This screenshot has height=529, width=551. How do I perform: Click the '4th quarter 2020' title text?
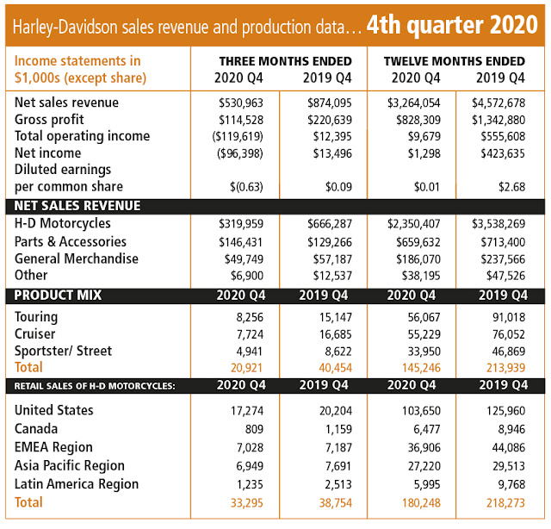[452, 25]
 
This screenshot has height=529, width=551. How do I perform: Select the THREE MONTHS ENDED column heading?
[285, 61]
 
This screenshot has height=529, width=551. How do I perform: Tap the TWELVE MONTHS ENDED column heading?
[455, 61]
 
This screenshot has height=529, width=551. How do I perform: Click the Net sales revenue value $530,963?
[241, 103]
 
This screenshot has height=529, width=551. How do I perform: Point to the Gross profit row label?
[49, 120]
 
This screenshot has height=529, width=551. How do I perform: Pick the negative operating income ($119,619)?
[238, 136]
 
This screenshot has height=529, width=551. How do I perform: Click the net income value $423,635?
[503, 153]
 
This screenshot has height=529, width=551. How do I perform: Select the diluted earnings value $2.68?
[511, 187]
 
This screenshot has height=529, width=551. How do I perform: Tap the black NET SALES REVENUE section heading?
[77, 206]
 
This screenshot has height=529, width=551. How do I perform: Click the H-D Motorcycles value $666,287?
[329, 224]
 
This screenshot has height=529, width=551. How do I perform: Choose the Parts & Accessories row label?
[71, 241]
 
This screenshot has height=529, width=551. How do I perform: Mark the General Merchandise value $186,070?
[418, 259]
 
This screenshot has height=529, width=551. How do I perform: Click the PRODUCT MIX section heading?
[58, 296]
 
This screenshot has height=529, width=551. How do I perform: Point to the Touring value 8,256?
[250, 317]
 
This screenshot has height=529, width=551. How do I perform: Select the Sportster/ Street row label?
[63, 351]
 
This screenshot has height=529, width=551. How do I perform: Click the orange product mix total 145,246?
[421, 368]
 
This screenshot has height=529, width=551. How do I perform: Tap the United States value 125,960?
[505, 411]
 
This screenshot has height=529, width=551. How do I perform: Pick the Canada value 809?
[254, 429]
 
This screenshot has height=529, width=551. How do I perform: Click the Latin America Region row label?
[77, 484]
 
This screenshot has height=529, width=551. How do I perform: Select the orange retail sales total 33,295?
[247, 503]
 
